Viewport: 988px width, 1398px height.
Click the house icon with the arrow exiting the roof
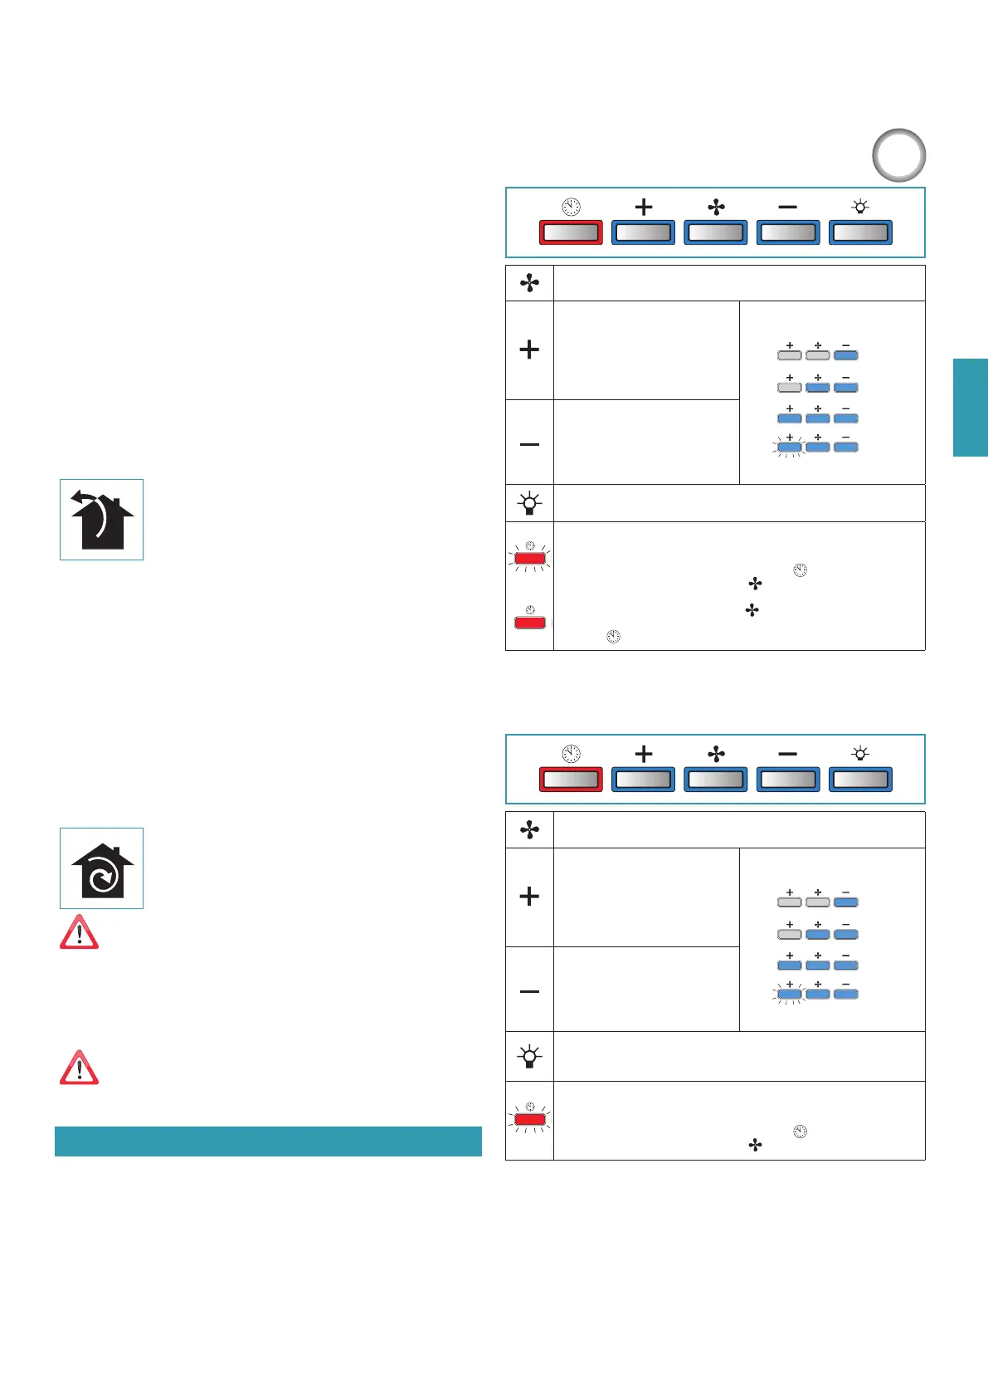tap(101, 520)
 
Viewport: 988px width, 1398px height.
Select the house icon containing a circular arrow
tap(101, 868)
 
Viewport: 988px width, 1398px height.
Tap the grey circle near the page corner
tap(899, 155)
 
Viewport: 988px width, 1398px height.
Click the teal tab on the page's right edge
tap(970, 408)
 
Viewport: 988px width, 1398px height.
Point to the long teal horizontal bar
tap(268, 1141)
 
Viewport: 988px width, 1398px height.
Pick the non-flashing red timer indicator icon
tap(530, 622)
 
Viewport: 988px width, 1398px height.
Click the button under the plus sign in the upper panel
tap(643, 232)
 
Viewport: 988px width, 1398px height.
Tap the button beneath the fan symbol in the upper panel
tap(715, 232)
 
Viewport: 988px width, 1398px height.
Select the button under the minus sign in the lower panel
tap(788, 780)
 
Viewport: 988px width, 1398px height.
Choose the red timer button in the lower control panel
tap(571, 780)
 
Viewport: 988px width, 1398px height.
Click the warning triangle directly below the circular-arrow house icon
tap(79, 932)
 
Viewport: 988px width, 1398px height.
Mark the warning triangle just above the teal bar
tap(79, 1068)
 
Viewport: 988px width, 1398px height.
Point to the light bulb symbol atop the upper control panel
tap(860, 206)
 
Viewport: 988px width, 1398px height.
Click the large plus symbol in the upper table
tap(529, 349)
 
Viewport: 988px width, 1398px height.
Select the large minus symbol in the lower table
tap(529, 991)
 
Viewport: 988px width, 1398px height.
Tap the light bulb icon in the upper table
tap(529, 503)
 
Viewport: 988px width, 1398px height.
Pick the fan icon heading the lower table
tap(529, 830)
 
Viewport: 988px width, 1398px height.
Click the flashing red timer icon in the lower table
tap(530, 1119)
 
